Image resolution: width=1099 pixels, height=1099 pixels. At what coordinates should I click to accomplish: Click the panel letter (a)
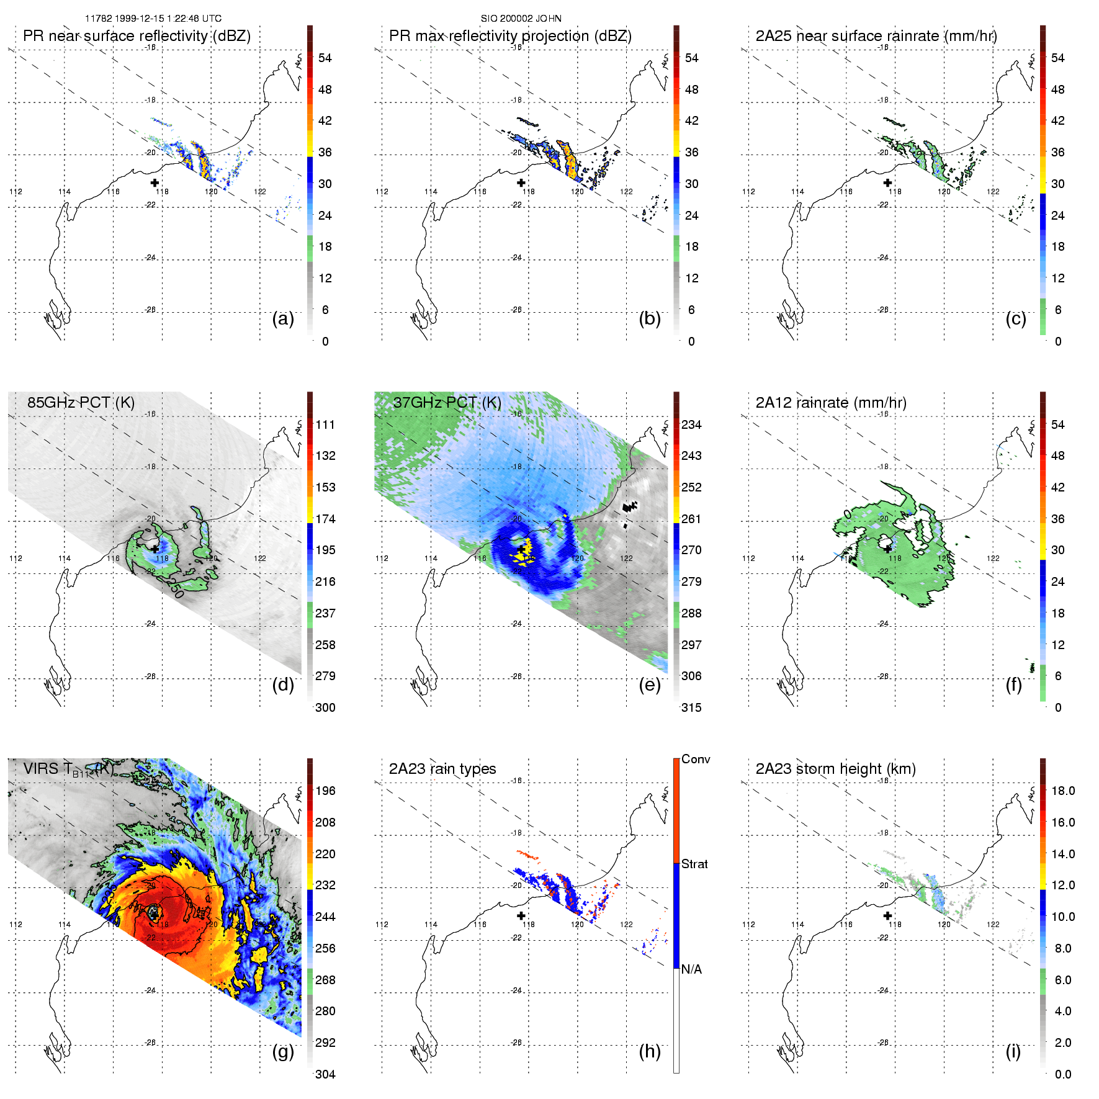(x=283, y=318)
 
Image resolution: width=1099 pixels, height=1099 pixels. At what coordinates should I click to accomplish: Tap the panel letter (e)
(x=649, y=684)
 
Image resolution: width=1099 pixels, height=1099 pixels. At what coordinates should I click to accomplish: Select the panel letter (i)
(x=1013, y=1051)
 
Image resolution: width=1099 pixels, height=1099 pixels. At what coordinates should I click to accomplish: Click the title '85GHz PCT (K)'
(x=81, y=402)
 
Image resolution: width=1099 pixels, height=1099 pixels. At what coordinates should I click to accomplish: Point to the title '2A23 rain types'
(x=442, y=769)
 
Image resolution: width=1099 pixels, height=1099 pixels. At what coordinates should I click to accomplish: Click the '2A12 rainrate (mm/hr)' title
(x=831, y=402)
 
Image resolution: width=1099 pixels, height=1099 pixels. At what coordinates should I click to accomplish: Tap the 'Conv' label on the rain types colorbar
(x=696, y=759)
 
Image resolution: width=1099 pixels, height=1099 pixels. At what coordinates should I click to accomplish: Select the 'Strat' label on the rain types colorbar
(x=694, y=864)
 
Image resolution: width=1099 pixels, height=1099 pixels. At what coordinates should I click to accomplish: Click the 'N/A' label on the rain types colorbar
(x=691, y=969)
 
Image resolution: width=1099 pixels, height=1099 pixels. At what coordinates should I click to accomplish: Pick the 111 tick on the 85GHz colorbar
(x=325, y=424)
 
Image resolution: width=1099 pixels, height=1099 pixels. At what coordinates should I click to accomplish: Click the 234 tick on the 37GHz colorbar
(x=691, y=424)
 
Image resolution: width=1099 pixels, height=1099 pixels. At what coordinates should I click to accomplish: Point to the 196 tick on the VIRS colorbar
(x=325, y=791)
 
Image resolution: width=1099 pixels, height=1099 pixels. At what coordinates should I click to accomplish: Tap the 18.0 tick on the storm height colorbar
(x=1063, y=791)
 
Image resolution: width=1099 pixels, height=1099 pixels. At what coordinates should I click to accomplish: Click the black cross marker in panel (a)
(x=155, y=182)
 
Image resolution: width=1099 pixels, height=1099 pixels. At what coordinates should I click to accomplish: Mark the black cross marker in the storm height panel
(x=887, y=915)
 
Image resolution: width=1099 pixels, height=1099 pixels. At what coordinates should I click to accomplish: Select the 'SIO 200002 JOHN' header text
(x=521, y=19)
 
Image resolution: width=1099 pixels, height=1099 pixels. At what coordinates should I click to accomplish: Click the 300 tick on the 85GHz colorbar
(x=325, y=707)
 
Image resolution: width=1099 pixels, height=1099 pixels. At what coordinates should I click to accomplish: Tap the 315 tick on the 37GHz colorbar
(x=691, y=707)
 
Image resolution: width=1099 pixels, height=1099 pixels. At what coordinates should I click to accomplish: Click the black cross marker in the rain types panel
(x=521, y=915)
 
